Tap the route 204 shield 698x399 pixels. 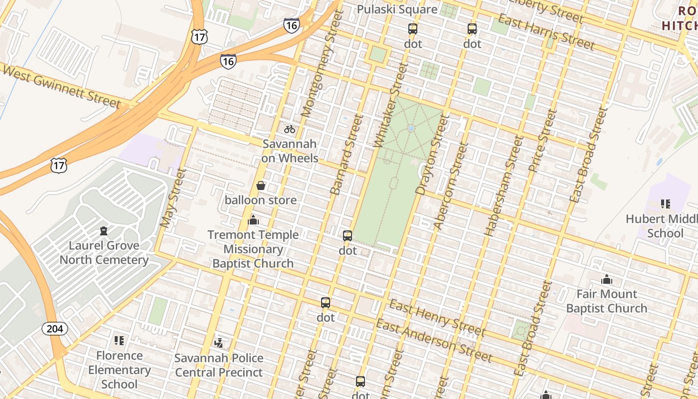55,328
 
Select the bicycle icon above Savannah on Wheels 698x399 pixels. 290,129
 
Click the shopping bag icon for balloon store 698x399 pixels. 260,186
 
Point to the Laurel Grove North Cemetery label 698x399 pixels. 104,252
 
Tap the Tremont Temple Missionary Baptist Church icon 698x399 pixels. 253,220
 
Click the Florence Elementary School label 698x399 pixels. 119,370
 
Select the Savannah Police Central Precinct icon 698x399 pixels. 218,342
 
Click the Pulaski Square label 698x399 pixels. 397,9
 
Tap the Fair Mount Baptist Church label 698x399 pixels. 606,301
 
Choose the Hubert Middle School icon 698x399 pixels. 665,203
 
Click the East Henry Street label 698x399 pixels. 437,318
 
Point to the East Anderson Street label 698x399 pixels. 434,341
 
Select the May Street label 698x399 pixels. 173,199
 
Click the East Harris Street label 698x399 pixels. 546,32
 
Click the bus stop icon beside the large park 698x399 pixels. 348,236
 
